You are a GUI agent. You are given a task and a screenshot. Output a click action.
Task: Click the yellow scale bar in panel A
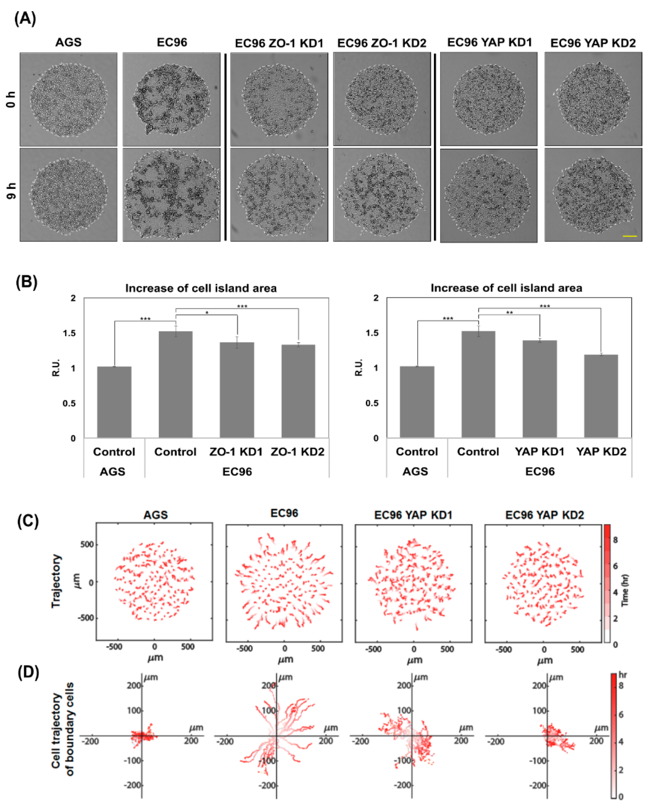click(630, 236)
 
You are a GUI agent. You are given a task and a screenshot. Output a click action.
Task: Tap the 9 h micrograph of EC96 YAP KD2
click(593, 194)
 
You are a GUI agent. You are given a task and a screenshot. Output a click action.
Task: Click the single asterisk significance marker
click(207, 313)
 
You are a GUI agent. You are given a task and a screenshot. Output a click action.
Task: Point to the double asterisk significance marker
click(509, 313)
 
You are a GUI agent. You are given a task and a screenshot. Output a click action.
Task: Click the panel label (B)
click(26, 282)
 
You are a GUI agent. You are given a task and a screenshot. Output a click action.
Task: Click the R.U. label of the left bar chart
click(56, 367)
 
